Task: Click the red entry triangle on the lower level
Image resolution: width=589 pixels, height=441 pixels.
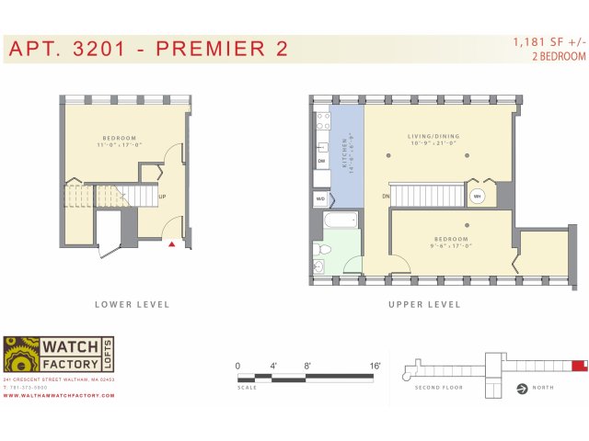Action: pos(172,244)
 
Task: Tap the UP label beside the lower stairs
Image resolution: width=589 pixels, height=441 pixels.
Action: pos(162,197)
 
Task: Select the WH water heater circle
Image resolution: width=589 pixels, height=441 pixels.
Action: pos(478,196)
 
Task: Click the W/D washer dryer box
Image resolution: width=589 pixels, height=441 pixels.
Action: pos(320,198)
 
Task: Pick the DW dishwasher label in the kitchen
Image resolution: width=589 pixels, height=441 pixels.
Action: pos(322,162)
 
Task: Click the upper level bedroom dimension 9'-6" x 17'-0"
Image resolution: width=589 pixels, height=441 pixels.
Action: pos(452,245)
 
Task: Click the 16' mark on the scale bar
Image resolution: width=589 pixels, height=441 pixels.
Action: pos(375,366)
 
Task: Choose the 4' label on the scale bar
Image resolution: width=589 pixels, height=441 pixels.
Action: pos(273,366)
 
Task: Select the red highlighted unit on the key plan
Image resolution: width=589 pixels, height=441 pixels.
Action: pos(579,366)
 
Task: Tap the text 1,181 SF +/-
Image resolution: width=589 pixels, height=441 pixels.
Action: pos(549,42)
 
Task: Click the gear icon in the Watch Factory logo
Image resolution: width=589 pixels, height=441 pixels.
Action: pos(20,356)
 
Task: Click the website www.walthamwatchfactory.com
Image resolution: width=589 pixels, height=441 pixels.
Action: pos(58,395)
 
